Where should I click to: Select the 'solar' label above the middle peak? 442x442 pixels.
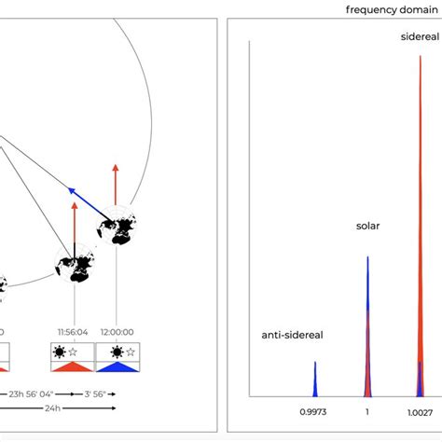click(368, 226)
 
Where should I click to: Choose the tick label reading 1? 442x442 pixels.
click(367, 411)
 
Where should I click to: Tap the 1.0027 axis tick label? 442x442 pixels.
click(420, 411)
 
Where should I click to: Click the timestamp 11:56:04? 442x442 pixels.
click(72, 331)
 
